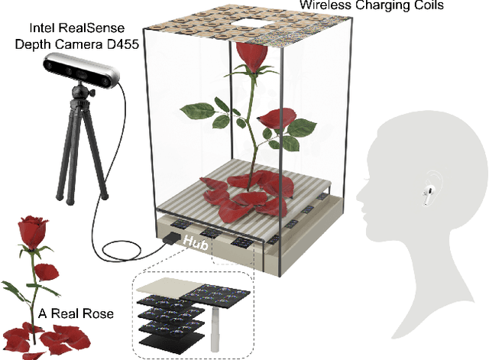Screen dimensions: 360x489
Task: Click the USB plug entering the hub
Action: pyautogui.click(x=167, y=241)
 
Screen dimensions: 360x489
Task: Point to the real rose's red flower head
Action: pyautogui.click(x=31, y=229)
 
